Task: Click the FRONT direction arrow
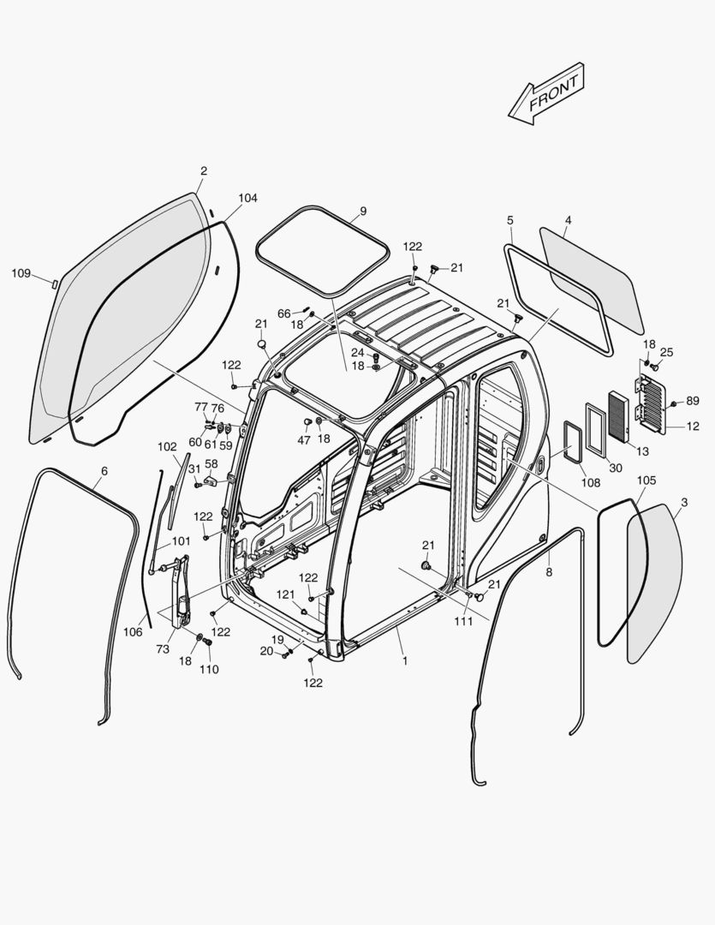(546, 93)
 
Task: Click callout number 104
(247, 198)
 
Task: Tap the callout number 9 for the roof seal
(362, 211)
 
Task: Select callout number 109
(21, 273)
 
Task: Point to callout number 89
(692, 400)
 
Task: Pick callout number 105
(646, 480)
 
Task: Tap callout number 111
(463, 621)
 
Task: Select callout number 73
(163, 650)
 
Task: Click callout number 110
(209, 669)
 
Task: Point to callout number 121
(285, 594)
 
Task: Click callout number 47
(304, 439)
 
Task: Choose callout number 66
(283, 313)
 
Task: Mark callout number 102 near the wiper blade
(167, 446)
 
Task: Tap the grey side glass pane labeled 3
(655, 582)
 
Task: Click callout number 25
(666, 352)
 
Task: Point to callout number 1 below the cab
(404, 661)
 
